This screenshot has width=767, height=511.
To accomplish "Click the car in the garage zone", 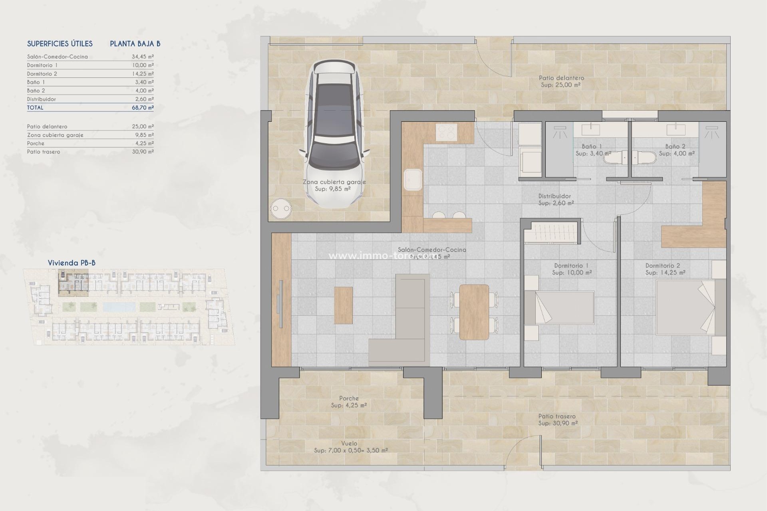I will coord(335,134).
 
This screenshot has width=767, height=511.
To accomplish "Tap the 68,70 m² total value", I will coord(143,107).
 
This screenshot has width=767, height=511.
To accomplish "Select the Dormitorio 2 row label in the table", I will coord(42,74).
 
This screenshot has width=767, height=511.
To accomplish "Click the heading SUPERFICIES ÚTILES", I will coord(60,44).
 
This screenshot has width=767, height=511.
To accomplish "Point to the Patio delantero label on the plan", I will coord(561,78).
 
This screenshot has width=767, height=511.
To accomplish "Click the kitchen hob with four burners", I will coord(446,133).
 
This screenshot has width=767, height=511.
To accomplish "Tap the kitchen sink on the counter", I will coord(413,180).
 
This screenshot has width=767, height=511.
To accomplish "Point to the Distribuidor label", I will coord(554,196).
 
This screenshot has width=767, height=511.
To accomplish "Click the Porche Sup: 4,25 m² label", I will coord(349,402).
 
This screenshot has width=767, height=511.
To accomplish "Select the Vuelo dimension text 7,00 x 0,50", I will coord(351,450).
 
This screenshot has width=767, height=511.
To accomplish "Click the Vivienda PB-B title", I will coord(72,263).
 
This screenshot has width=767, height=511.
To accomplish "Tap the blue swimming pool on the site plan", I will coord(119,307).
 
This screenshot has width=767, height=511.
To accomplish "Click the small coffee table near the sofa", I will coord(343,305).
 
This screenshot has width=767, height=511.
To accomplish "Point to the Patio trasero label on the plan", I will coord(557,416).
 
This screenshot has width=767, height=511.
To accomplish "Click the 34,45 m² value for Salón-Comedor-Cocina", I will coord(143,57).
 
